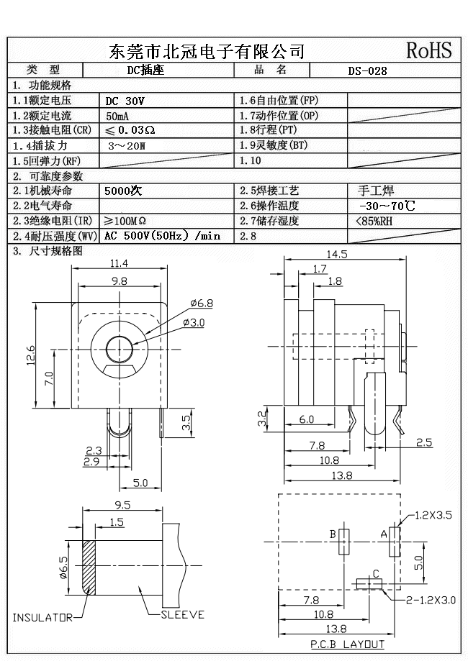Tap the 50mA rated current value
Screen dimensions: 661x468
pos(118,116)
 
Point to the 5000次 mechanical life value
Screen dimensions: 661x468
pos(124,191)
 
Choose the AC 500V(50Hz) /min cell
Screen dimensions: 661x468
pos(162,236)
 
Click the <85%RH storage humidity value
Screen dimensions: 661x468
pos(374,221)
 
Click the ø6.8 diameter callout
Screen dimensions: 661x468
pos(201,303)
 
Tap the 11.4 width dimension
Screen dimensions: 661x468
pos(120,263)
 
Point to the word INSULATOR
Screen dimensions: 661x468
pos(42,617)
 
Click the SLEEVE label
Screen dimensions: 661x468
pos(182,615)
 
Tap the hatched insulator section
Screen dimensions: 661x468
pos(89,566)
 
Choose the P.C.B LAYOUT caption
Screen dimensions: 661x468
pos(347,644)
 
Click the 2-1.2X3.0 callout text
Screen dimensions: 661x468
pos(431,599)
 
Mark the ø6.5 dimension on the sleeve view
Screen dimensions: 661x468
pos(63,567)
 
